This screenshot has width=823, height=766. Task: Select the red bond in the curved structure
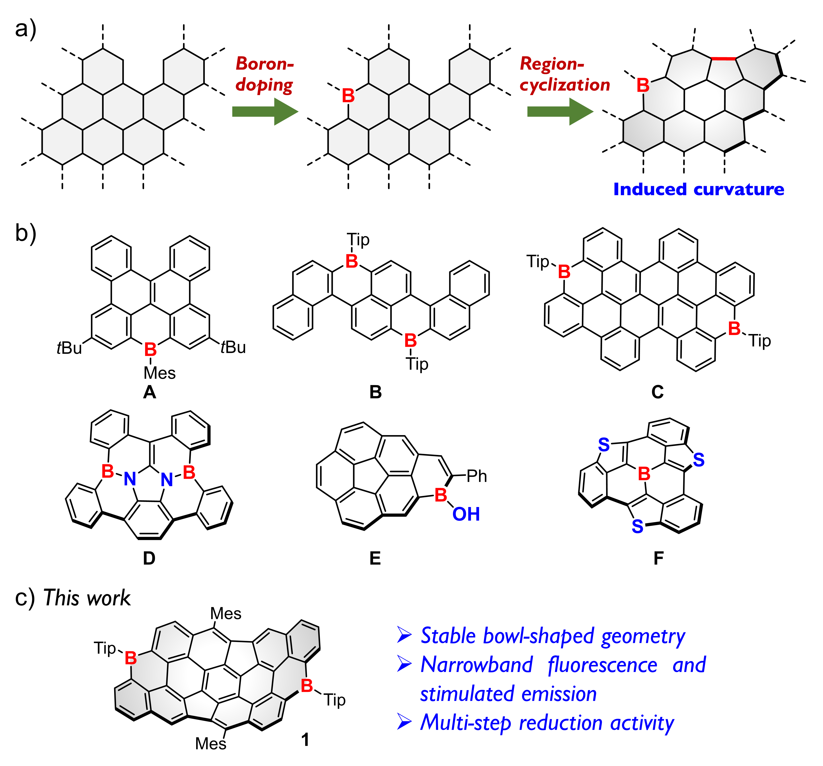coord(723,59)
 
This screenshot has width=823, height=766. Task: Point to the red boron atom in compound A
coord(150,350)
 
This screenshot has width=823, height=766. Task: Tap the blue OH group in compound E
coord(466,514)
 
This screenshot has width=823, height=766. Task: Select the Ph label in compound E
coord(477,476)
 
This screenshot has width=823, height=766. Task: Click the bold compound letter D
coord(149,558)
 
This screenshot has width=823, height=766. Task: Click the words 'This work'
coord(87,598)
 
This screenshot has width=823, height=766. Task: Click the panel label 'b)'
coord(26,233)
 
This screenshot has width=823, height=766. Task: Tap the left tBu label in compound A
coord(69,348)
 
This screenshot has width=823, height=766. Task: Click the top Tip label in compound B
coord(358,239)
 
